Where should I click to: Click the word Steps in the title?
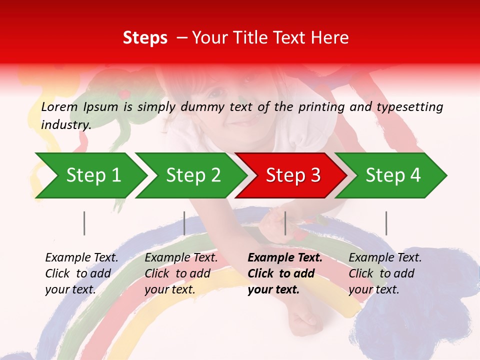(145, 38)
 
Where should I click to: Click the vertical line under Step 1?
(84, 223)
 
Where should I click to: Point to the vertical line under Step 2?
(184, 223)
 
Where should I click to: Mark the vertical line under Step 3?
(285, 223)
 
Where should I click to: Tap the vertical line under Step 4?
(386, 223)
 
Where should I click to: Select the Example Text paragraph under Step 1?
(81, 273)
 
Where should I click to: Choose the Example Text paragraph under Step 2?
(181, 273)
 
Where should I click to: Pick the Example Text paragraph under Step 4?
(385, 273)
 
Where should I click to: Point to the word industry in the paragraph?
(66, 125)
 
